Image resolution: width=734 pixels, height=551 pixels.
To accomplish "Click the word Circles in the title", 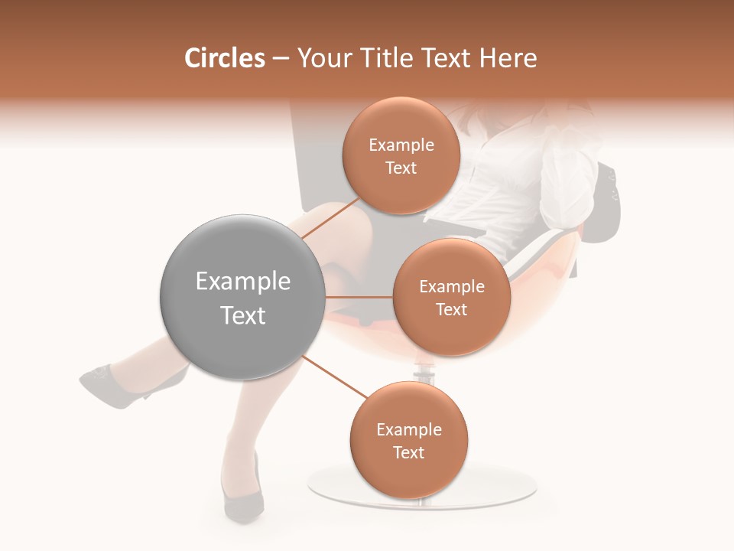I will [224, 58].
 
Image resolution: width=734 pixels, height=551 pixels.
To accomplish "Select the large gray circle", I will [242, 297].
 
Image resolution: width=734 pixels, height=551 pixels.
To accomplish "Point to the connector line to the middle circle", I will [359, 297].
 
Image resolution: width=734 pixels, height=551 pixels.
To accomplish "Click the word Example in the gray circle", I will [242, 282].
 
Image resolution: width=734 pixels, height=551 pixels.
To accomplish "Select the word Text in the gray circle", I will [242, 315].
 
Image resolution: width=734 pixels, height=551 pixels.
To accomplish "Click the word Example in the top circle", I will [401, 145].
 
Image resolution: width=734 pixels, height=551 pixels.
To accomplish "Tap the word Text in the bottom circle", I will [409, 453].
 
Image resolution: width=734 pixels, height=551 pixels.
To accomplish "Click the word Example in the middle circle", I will [451, 287].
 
